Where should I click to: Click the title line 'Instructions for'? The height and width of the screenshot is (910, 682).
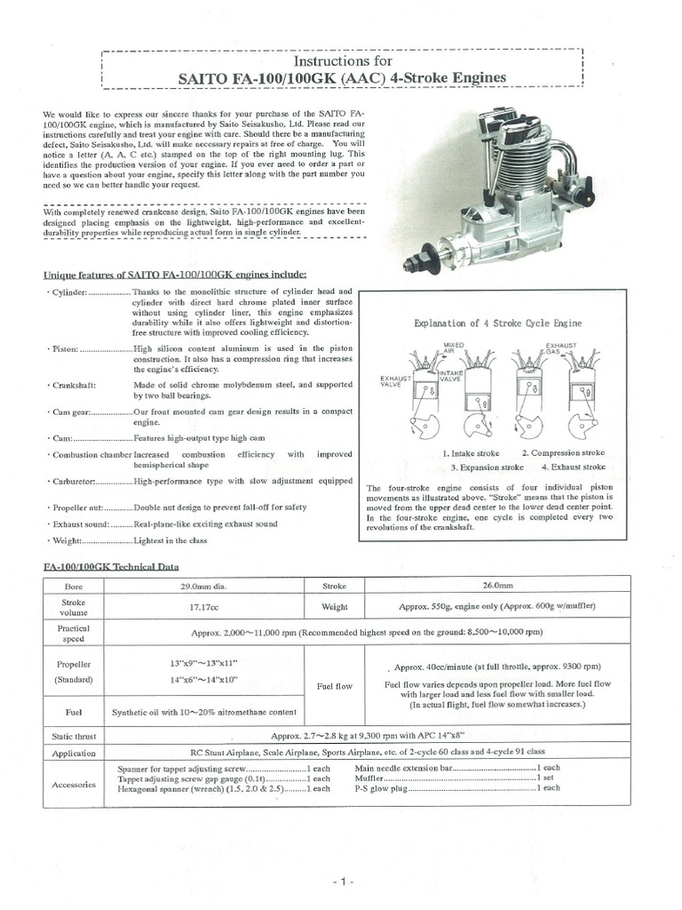pos(342,61)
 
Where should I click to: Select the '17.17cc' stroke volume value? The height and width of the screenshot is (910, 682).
pos(203,608)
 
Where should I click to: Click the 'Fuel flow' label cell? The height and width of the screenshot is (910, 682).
pos(335,686)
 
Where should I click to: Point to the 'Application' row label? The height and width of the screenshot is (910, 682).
pos(74,754)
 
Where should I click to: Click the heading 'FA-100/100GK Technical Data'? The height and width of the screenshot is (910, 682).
pos(112,566)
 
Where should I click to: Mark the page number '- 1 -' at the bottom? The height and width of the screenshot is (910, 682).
pos(343,882)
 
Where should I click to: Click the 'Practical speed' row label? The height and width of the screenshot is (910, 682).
pos(74,633)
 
